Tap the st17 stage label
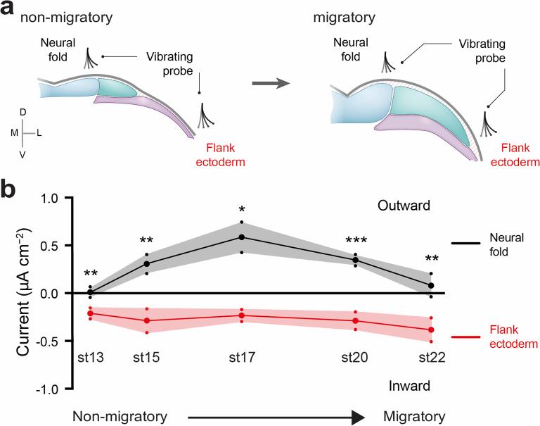click(x=241, y=357)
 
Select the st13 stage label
click(x=90, y=357)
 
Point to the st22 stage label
click(x=432, y=357)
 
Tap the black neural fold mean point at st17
click(x=241, y=237)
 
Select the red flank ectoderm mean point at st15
click(x=146, y=320)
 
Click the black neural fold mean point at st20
click(x=355, y=260)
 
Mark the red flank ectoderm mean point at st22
click(x=431, y=330)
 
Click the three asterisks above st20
click(x=355, y=241)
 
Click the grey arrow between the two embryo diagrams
click(x=271, y=83)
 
